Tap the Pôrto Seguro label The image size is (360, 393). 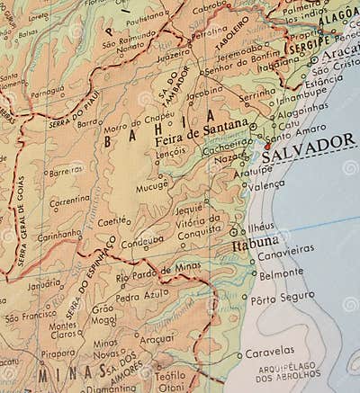283,297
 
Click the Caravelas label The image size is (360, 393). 270,350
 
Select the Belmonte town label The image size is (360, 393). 282,272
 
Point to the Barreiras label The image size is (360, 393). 66,170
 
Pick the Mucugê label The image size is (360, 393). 152,187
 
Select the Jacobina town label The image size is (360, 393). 204,91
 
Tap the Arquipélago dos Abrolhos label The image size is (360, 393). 288,371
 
